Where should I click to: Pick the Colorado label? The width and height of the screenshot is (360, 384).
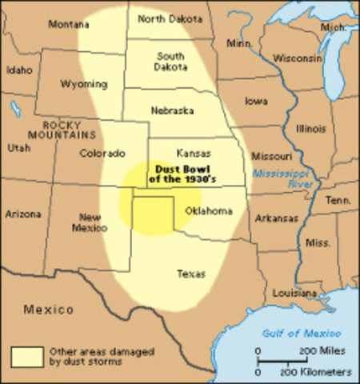click(102, 153)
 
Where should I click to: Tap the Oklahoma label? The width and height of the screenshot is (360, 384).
click(207, 211)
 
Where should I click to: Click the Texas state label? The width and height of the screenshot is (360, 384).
click(190, 274)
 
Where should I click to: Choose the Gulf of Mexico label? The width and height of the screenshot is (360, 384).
click(307, 333)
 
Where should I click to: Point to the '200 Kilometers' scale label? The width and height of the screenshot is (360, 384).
click(315, 373)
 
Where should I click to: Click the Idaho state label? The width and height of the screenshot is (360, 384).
click(20, 70)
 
